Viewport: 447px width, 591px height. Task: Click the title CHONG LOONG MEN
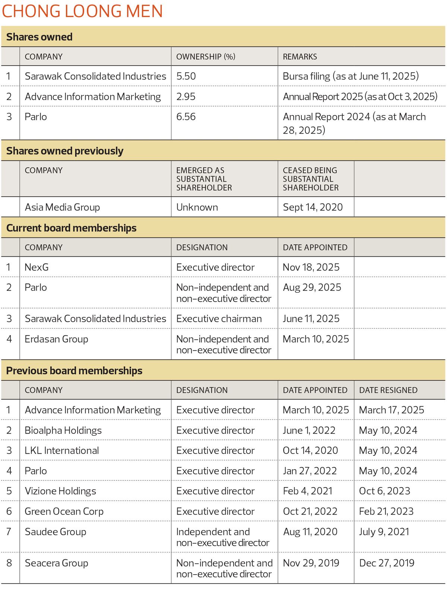[82, 11]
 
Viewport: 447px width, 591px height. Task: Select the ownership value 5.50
[186, 76]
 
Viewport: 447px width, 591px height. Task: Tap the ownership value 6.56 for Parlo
[186, 117]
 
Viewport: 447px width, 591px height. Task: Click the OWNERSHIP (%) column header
[206, 57]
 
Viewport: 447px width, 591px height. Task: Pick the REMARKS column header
[300, 57]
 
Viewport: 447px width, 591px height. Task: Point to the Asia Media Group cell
[62, 207]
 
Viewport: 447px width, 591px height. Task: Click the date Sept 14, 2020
[313, 207]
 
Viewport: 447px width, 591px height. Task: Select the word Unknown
[197, 207]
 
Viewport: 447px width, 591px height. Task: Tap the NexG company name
[37, 267]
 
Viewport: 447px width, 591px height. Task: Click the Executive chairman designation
[219, 319]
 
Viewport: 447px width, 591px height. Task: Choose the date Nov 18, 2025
[311, 267]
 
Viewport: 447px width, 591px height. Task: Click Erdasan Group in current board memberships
[56, 339]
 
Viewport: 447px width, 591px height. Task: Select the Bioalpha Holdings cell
[63, 430]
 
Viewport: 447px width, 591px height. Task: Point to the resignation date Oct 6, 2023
[384, 491]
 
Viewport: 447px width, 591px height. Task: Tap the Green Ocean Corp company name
[64, 511]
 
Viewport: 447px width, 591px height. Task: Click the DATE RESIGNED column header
[388, 390]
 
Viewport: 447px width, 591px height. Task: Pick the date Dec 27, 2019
[387, 563]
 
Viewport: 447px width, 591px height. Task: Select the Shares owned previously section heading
[65, 151]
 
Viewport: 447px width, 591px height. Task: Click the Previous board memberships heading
[74, 371]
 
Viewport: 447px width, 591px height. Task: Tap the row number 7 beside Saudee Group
[9, 532]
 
